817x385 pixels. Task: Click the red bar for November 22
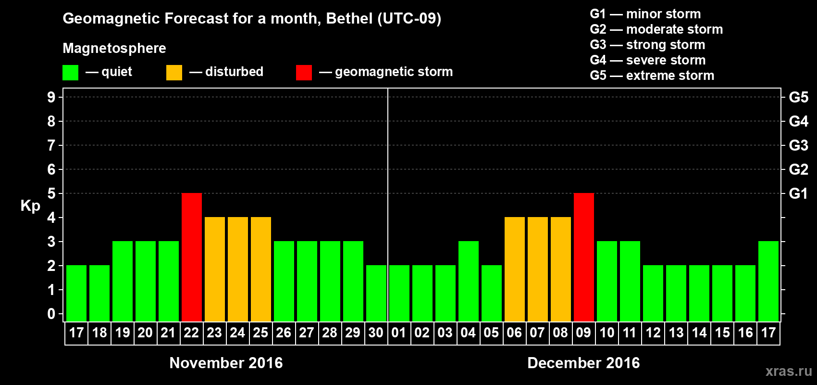(192, 257)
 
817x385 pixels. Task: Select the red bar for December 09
(584, 257)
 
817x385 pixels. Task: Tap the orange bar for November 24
(238, 269)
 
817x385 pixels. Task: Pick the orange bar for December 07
(538, 269)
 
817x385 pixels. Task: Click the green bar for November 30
(376, 293)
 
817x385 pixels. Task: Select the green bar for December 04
(469, 281)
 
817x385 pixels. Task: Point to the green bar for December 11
(630, 281)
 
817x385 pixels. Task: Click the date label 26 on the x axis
(284, 333)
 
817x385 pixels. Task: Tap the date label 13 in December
(676, 333)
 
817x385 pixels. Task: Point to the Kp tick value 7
(51, 145)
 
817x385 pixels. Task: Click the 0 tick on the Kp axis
(51, 314)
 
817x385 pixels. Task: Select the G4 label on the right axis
(798, 121)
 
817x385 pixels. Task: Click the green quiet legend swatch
(71, 73)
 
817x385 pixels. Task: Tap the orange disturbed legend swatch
(174, 73)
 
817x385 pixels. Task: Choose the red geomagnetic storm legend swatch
(304, 73)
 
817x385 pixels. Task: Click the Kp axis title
(30, 205)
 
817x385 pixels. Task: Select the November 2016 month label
(226, 363)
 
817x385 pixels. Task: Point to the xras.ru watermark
(789, 371)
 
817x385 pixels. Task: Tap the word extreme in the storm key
(647, 76)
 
